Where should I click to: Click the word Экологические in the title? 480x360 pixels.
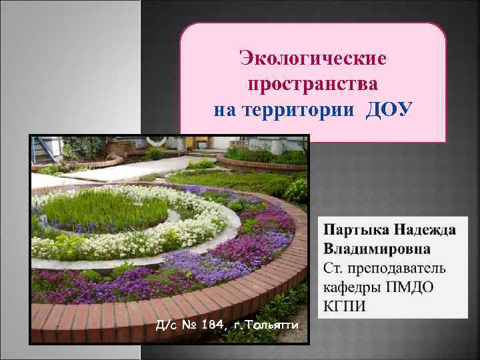point(313,60)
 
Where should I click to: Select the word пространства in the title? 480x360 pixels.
point(313,85)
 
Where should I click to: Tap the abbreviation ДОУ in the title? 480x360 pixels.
point(389,109)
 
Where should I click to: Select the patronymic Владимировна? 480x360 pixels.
point(377,249)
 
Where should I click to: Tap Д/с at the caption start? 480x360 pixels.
point(165,325)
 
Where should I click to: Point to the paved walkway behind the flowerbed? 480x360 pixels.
point(133,172)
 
